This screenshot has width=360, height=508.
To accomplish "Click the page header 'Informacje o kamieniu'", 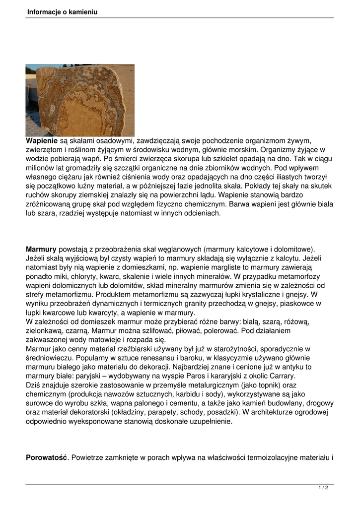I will pyautogui.click(x=62, y=11).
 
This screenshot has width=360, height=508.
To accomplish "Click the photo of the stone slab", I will pyautogui.click(x=80, y=100).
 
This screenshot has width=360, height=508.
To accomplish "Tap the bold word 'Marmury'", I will pyautogui.click(x=41, y=249).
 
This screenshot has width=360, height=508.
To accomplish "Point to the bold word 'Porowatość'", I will pyautogui.click(x=46, y=457).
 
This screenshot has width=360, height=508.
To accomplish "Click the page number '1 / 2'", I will pyautogui.click(x=323, y=488).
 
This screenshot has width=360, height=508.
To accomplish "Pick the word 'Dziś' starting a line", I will pyautogui.click(x=33, y=385).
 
